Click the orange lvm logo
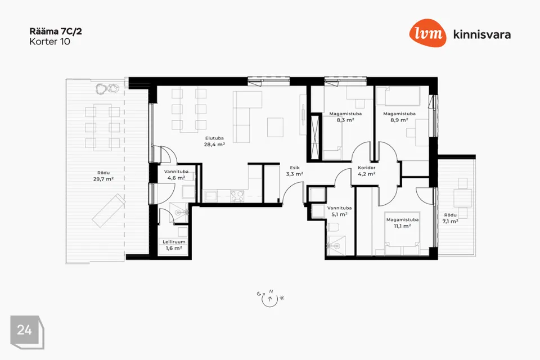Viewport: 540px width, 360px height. pyautogui.click(x=427, y=33)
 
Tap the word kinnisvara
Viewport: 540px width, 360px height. pyautogui.click(x=482, y=34)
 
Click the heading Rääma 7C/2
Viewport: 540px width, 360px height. pyautogui.click(x=56, y=31)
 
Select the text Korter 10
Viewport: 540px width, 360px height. pyautogui.click(x=50, y=42)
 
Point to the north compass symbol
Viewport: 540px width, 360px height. pyautogui.click(x=270, y=298)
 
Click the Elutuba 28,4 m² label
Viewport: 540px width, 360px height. pyautogui.click(x=214, y=142)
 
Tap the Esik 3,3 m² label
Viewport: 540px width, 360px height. pyautogui.click(x=294, y=171)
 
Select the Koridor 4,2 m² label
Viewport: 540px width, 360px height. pyautogui.click(x=366, y=171)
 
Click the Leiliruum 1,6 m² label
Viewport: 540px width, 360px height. pyautogui.click(x=174, y=245)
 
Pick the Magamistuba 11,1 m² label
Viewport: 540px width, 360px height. pyautogui.click(x=402, y=223)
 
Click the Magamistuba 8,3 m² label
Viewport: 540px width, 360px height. pyautogui.click(x=345, y=117)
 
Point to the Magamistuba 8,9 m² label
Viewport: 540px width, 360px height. pyautogui.click(x=399, y=117)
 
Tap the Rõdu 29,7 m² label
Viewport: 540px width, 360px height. pyautogui.click(x=103, y=176)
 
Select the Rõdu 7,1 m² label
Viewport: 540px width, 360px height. pyautogui.click(x=450, y=218)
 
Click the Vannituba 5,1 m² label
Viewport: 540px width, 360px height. pyautogui.click(x=339, y=211)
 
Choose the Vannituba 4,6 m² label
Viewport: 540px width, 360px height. pyautogui.click(x=176, y=175)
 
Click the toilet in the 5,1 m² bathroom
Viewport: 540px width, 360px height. pyautogui.click(x=334, y=227)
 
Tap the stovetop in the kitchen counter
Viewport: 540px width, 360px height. pyautogui.click(x=237, y=196)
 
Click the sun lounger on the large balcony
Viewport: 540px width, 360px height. pyautogui.click(x=109, y=210)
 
